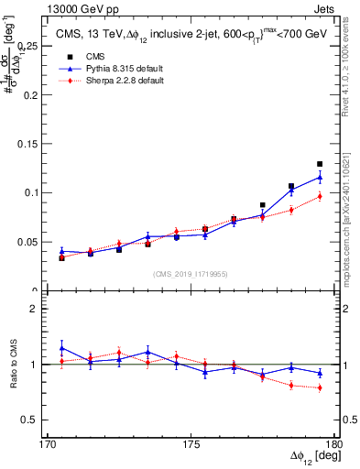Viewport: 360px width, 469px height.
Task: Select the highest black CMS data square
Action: (x=320, y=164)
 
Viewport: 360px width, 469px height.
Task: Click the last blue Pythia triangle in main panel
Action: (x=320, y=177)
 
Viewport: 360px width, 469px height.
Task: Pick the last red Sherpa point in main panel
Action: (x=320, y=196)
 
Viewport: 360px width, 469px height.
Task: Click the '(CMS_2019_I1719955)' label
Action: (x=191, y=273)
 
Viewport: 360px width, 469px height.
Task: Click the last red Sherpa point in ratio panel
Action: (x=320, y=388)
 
